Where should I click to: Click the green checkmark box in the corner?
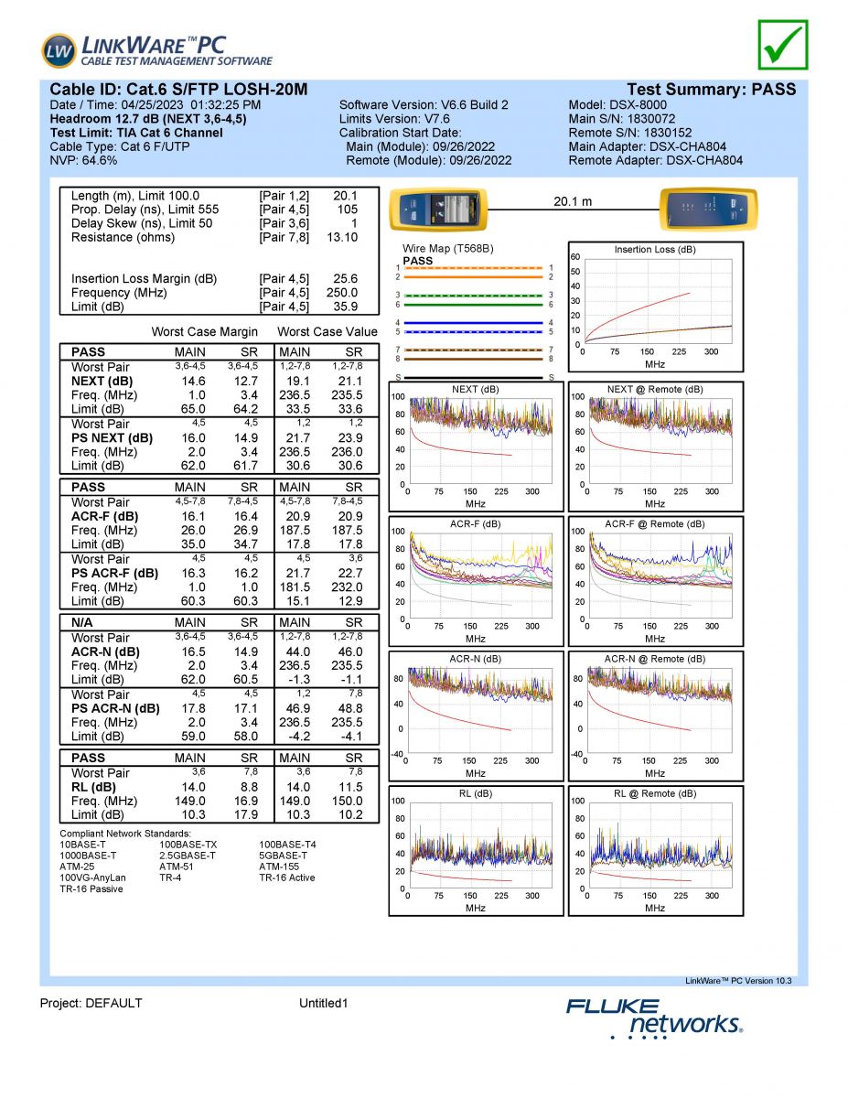[783, 45]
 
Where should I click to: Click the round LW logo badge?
[59, 50]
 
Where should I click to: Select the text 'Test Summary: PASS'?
[711, 90]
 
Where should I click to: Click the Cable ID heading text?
[178, 90]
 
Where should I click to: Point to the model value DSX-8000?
[637, 105]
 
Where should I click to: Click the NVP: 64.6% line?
[83, 160]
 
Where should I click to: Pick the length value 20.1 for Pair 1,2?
[345, 196]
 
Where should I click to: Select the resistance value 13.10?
[342, 237]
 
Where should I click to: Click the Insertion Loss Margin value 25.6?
[346, 279]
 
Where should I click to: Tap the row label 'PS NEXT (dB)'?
[112, 438]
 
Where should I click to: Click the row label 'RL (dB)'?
[94, 787]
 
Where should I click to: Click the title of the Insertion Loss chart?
[655, 250]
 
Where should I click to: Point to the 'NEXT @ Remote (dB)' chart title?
[655, 389]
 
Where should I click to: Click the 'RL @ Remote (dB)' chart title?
[655, 793]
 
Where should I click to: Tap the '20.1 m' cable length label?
[574, 201]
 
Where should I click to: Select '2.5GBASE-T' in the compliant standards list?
[188, 856]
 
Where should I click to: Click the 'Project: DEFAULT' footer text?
[91, 1003]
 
